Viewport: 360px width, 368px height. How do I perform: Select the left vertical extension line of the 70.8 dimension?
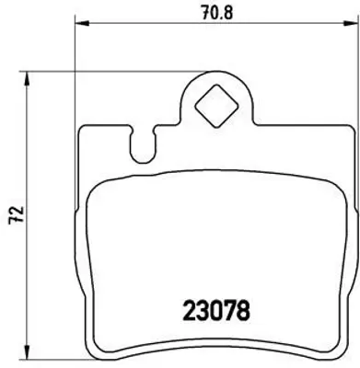coord(74,55)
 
